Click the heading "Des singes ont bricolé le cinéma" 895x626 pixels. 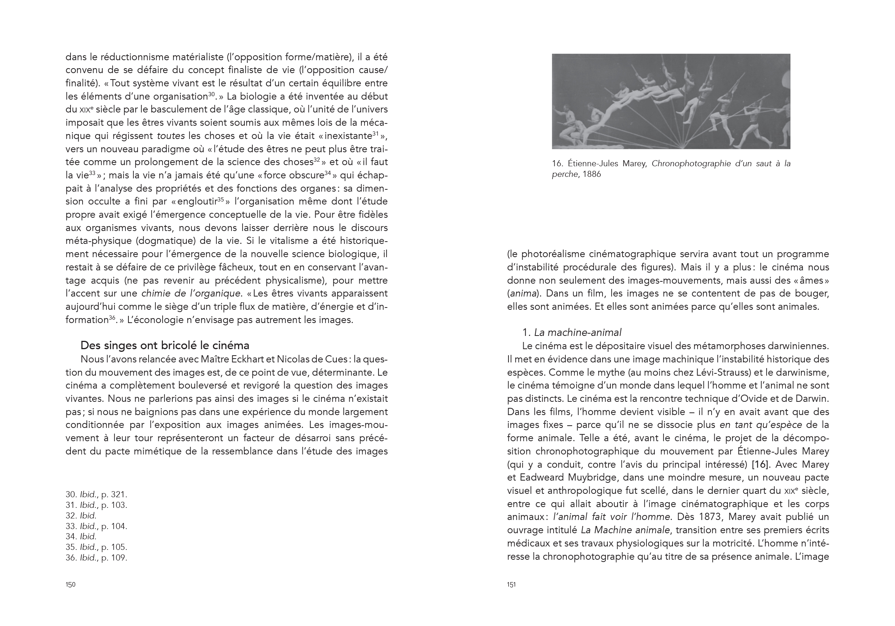click(x=164, y=345)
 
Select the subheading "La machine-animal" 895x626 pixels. click(x=577, y=333)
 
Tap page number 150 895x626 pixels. click(x=70, y=585)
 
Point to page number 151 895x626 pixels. click(x=512, y=585)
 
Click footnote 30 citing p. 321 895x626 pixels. click(x=96, y=495)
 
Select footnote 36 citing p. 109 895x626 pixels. click(x=96, y=558)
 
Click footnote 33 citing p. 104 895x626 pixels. click(x=96, y=526)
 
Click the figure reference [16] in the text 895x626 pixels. click(x=760, y=464)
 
